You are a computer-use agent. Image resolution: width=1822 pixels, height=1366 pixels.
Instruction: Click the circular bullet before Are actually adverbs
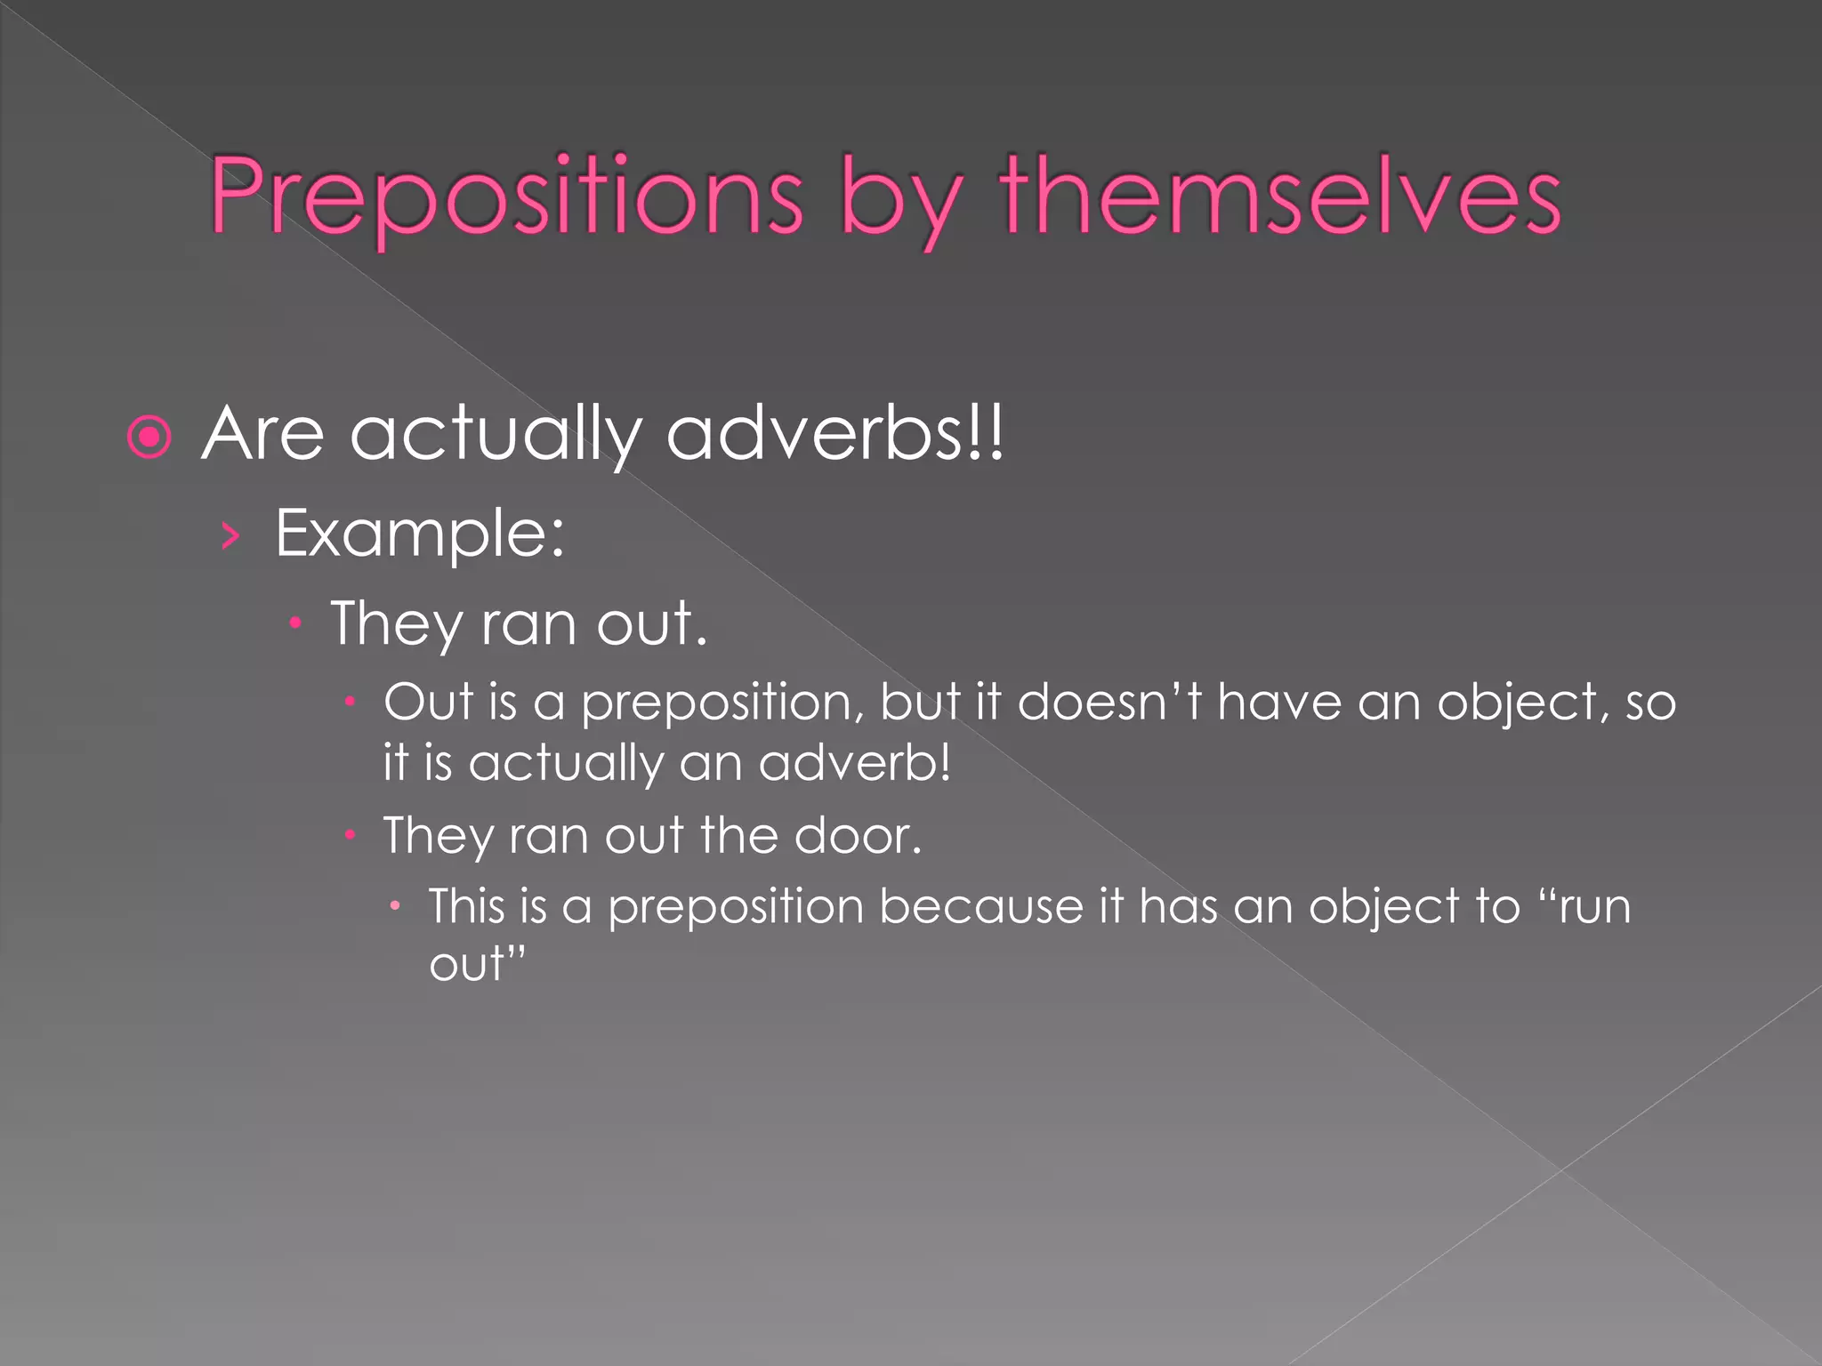coord(149,437)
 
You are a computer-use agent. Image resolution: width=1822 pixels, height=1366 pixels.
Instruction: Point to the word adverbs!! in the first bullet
coord(834,433)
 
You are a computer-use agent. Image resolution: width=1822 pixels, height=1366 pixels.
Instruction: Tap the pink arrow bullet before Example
coord(230,535)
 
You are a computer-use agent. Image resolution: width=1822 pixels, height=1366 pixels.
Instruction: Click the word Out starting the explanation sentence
coord(427,702)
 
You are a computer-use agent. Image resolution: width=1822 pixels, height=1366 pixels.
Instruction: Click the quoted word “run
coord(1584,906)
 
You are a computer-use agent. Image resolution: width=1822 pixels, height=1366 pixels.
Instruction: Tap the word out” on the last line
coord(478,964)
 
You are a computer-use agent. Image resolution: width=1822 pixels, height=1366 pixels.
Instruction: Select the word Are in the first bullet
coord(263,434)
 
